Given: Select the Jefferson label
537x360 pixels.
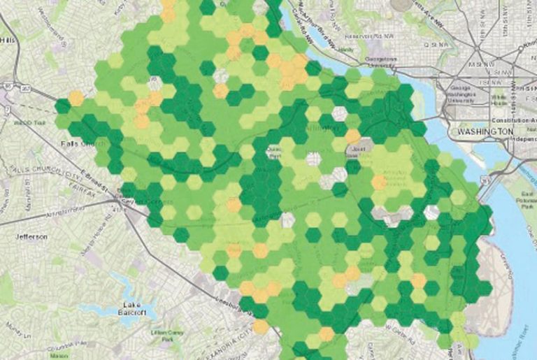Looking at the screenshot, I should tap(32, 237).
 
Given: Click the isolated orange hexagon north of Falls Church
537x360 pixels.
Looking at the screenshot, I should tap(76, 98).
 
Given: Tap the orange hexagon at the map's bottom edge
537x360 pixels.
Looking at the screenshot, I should tap(260, 326).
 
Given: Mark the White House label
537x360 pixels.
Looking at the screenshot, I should tap(499, 99).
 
